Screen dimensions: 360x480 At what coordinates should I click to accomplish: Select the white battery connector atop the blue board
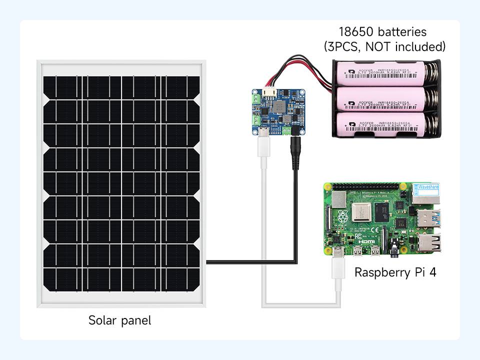(x=269, y=93)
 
